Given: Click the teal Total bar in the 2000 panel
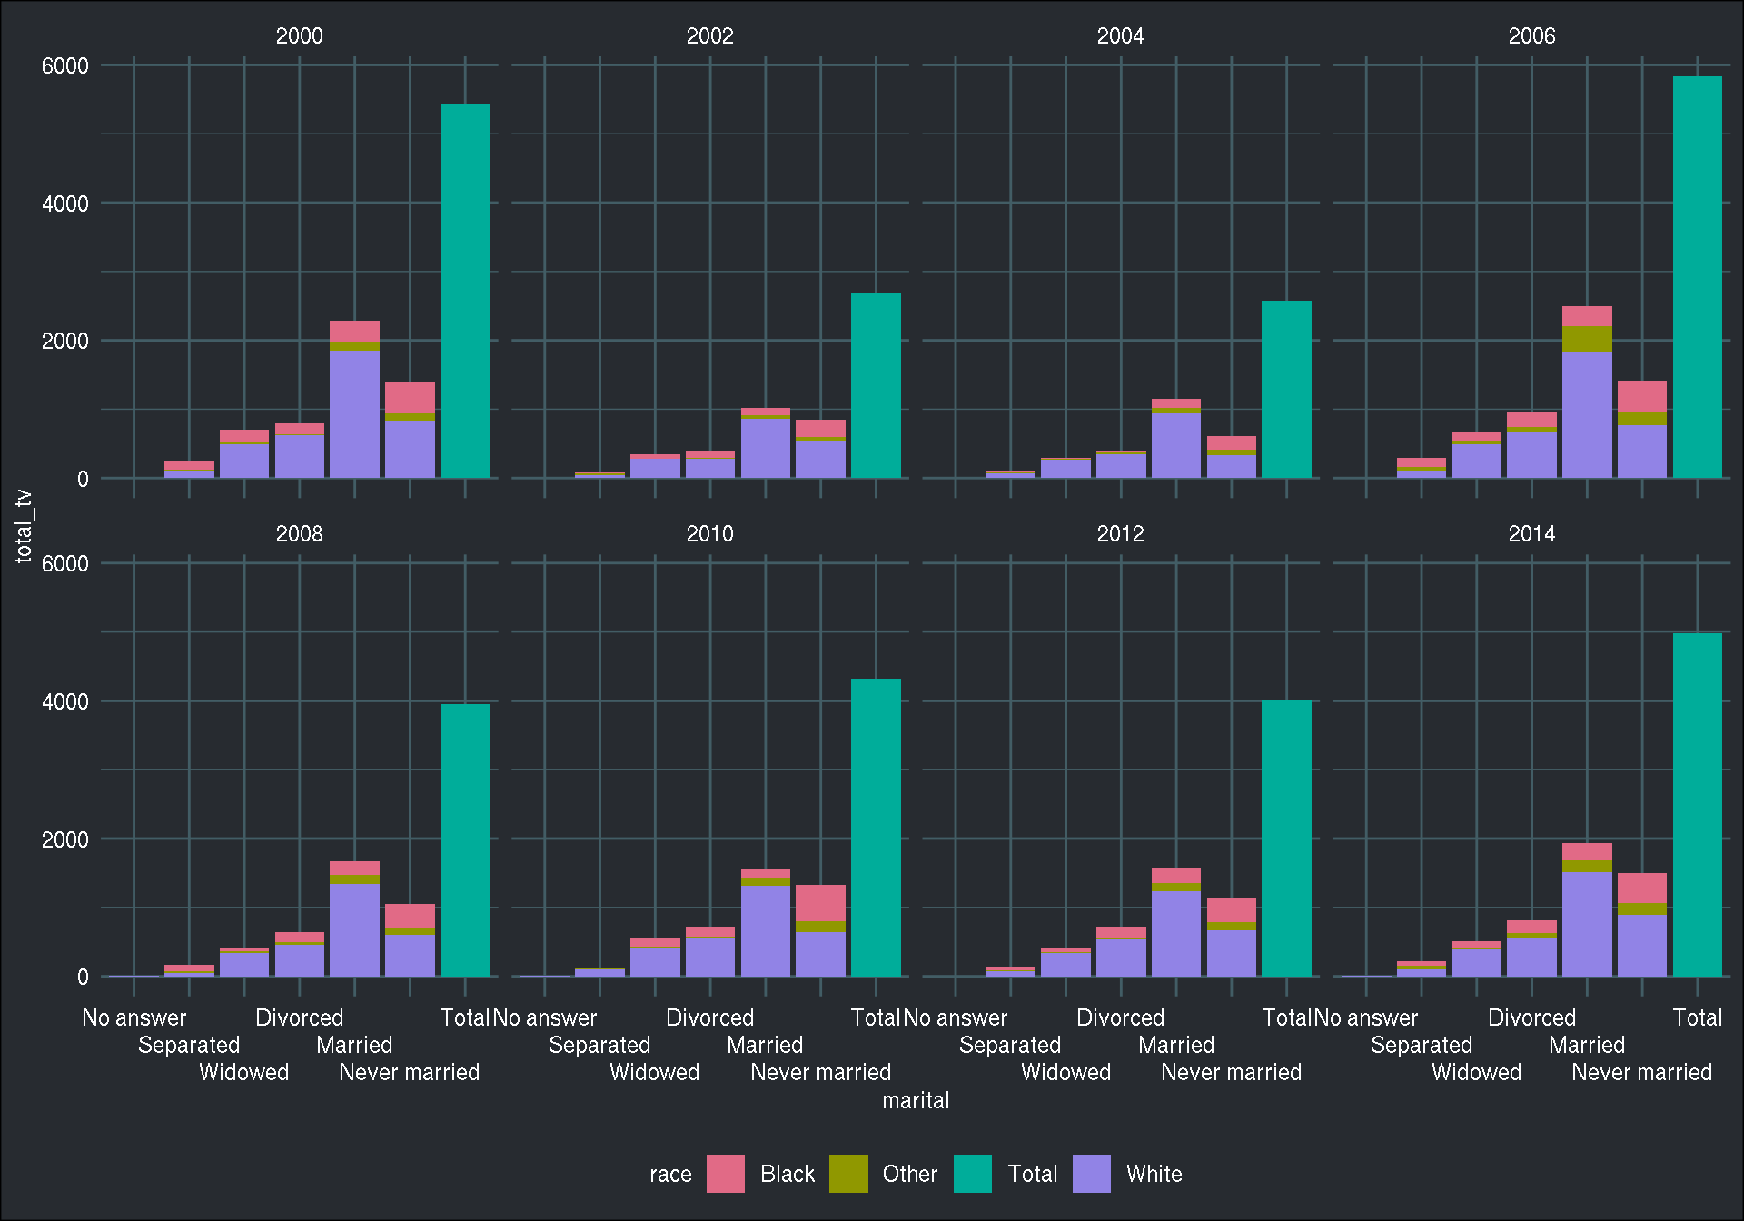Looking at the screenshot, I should pos(465,291).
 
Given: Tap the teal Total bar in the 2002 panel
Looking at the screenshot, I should pos(876,385).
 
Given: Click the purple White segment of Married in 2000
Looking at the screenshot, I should pos(354,413).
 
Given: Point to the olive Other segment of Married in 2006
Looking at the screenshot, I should pos(1587,339).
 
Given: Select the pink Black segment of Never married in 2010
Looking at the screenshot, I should pos(820,902).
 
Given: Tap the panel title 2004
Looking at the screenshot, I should pos(1120,35).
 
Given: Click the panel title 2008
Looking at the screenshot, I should pos(299,533).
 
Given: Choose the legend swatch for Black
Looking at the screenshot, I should pos(725,1174).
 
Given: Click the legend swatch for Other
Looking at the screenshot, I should pos(848,1174).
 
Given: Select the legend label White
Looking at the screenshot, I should pos(1154,1174).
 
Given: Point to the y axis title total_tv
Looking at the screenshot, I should pos(24,526).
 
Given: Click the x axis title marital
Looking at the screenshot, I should pos(916,1100).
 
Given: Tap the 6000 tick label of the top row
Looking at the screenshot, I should pos(65,65).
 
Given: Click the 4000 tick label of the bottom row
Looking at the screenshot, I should pos(65,701).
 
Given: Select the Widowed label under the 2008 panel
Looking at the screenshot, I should pos(243,1072).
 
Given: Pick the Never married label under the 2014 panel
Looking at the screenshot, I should pos(1641,1072).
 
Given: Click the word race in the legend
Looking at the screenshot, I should pos(670,1174).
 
